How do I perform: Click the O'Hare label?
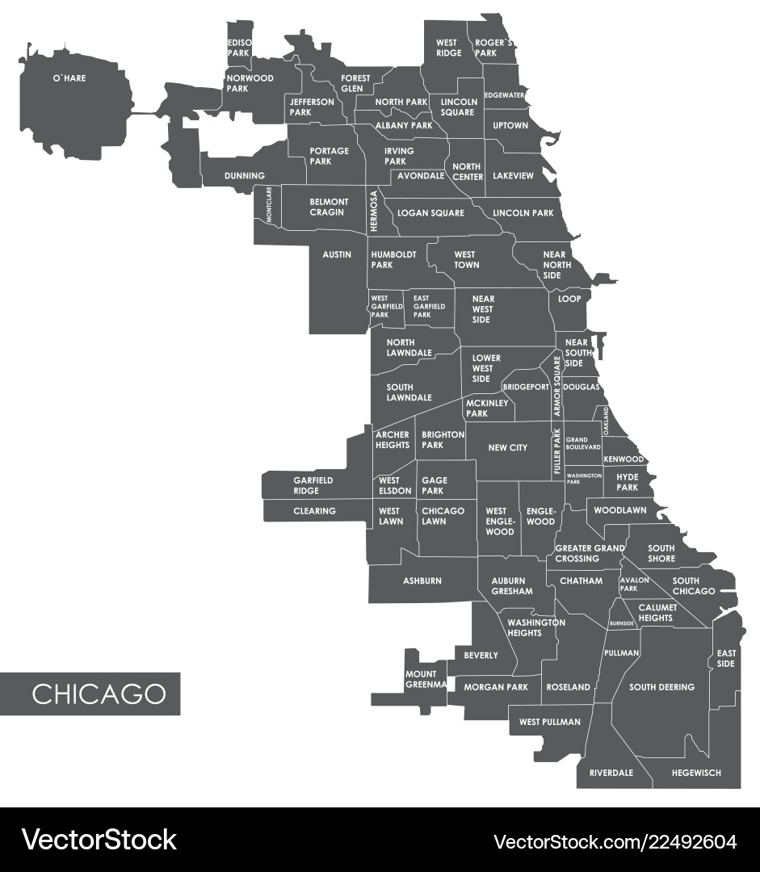coord(69,78)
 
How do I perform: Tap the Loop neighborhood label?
coord(569,299)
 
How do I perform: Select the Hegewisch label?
coord(695,773)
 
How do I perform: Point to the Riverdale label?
coord(611,773)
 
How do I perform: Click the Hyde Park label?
coord(628,482)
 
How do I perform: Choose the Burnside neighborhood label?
coord(622,623)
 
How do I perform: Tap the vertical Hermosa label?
coord(374,212)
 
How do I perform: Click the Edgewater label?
coord(505,95)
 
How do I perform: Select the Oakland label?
coord(606,421)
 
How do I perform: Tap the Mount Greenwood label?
coord(426,679)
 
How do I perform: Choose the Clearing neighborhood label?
coord(314,511)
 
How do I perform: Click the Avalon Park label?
coord(633,584)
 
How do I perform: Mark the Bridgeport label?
coord(527,387)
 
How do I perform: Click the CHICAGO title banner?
coord(99,694)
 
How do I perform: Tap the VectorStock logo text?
coord(99,839)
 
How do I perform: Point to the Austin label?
coord(337,254)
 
